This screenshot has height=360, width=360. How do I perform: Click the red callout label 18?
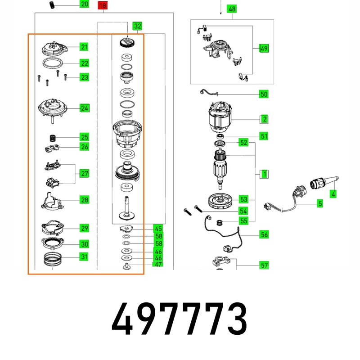click(102, 5)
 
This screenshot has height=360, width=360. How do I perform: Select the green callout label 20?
click(84, 4)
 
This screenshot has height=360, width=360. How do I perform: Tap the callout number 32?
click(137, 26)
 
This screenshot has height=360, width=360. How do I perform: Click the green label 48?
click(232, 9)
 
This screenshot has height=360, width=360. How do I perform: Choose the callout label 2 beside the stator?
click(265, 119)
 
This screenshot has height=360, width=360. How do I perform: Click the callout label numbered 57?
click(264, 265)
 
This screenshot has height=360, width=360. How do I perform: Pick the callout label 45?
click(158, 228)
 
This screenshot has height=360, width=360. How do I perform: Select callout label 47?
click(158, 265)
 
